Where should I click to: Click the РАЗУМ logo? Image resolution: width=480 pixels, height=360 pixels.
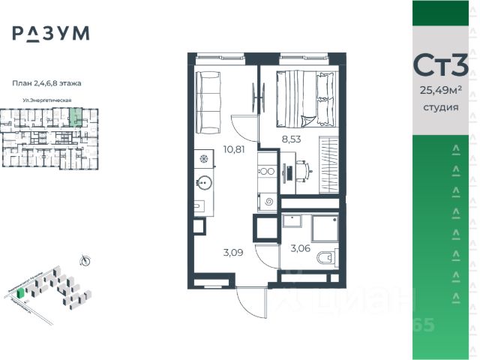click(x=50, y=33)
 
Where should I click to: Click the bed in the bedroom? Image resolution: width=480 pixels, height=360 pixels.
click(x=304, y=97)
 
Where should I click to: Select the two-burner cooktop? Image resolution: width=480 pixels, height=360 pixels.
click(x=268, y=172)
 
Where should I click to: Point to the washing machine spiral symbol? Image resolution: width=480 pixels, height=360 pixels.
click(x=268, y=202)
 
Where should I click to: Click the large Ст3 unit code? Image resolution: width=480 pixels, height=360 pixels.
click(x=441, y=66)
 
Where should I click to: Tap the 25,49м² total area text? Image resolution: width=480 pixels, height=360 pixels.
click(x=441, y=91)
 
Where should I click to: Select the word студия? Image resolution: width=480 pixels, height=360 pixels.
click(x=441, y=107)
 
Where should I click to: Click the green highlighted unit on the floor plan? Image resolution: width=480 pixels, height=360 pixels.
click(x=74, y=117)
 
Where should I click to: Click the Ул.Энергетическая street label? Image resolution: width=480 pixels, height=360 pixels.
click(x=46, y=100)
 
